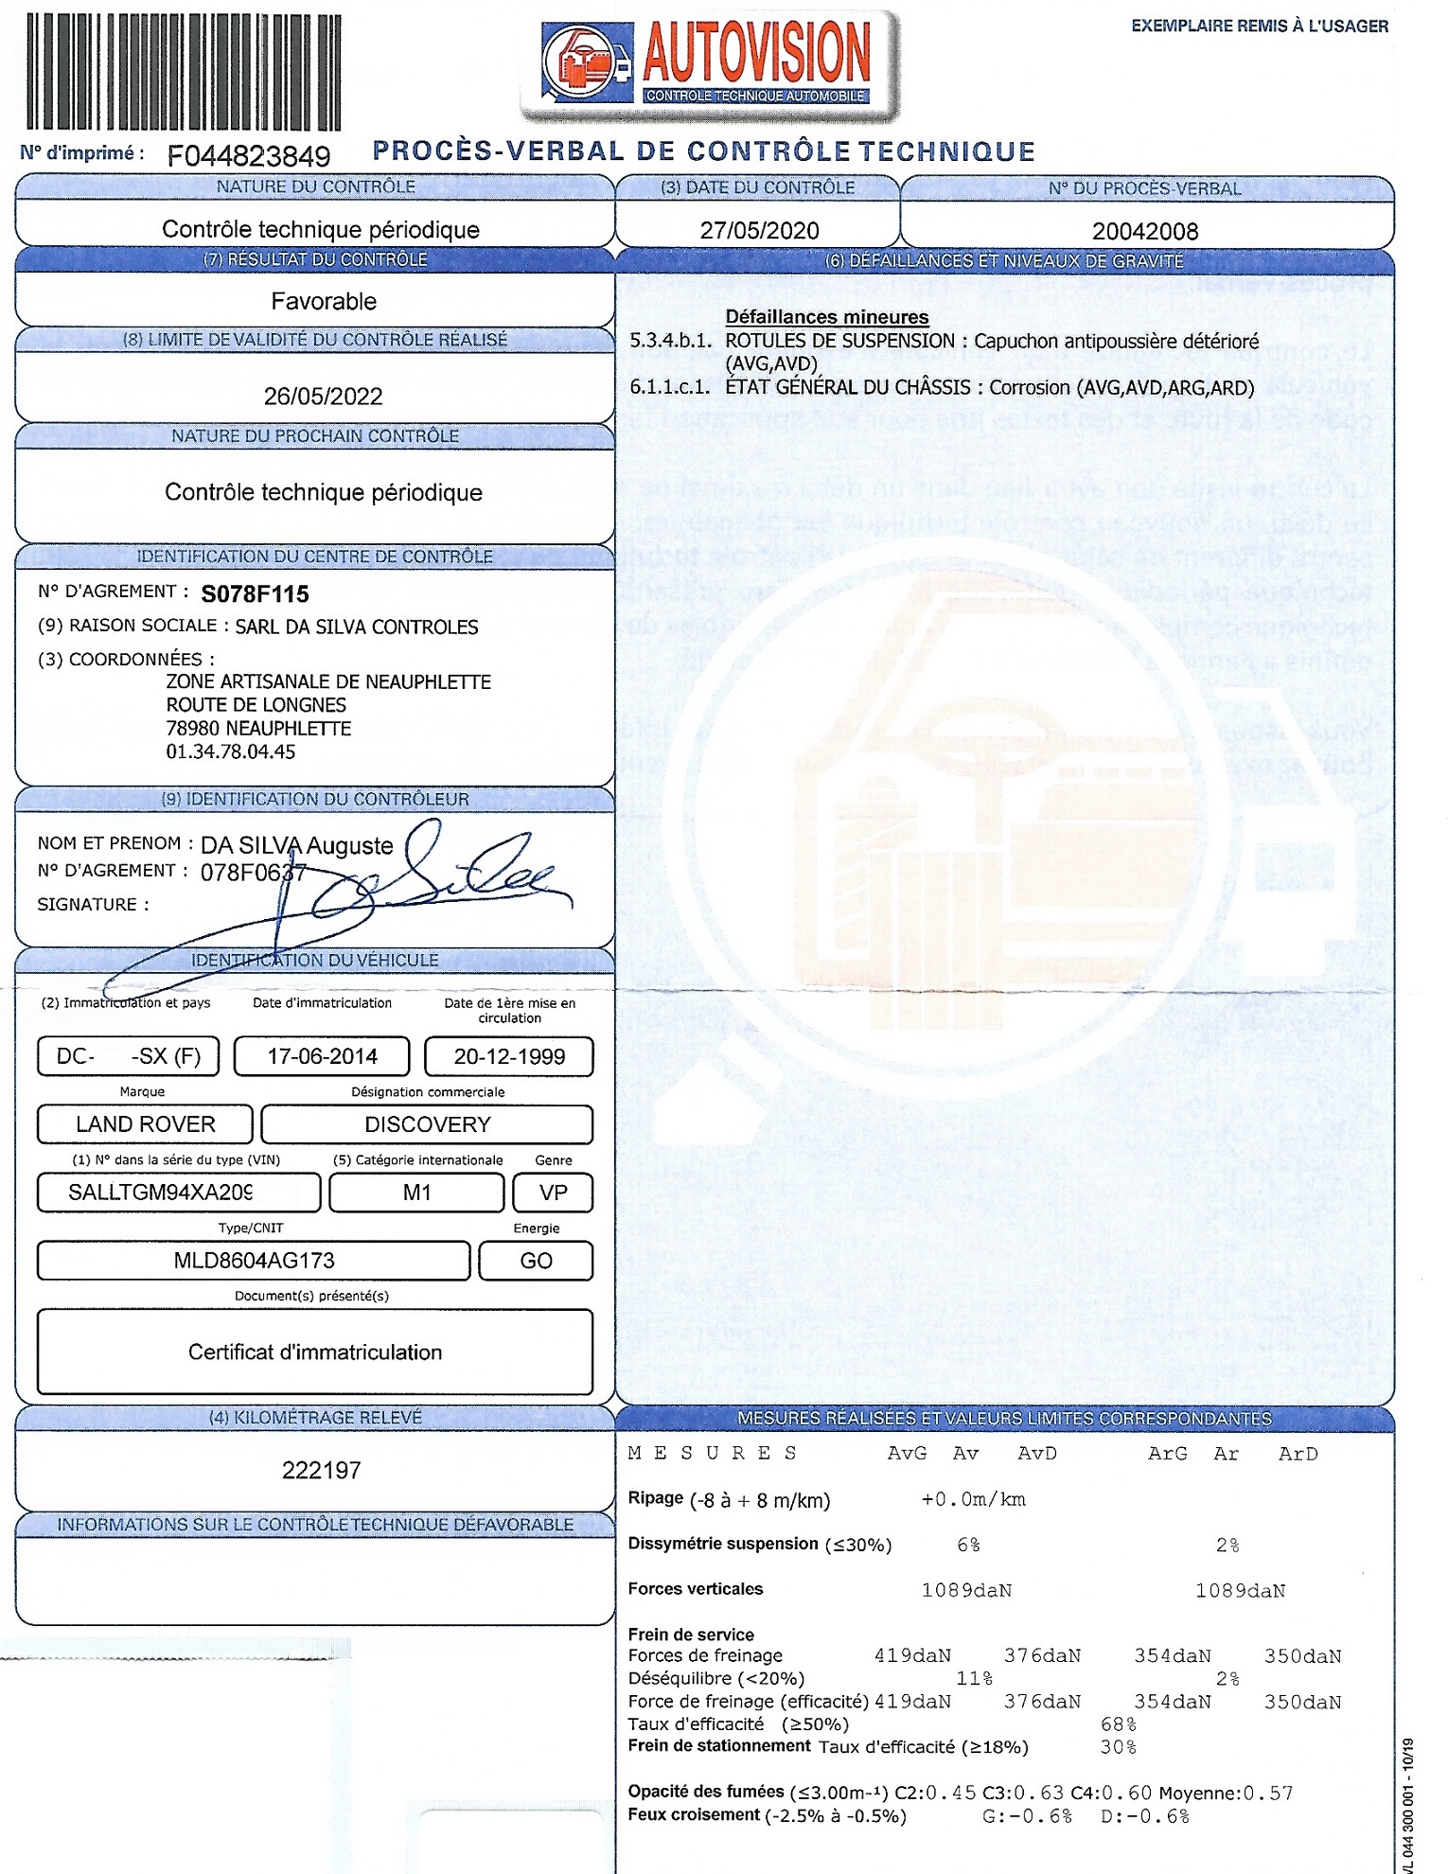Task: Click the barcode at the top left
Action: tap(183, 71)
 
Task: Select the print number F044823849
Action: tap(249, 155)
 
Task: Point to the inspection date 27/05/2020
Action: tap(759, 230)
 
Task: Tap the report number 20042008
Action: tap(1145, 231)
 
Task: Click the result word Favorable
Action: tap(324, 301)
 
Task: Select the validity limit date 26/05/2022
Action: tap(323, 396)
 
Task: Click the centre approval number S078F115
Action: tap(255, 594)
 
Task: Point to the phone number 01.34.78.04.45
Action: tap(231, 751)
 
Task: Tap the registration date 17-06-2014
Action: tap(322, 1056)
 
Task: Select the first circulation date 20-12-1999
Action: tap(509, 1056)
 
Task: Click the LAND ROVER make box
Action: tap(145, 1124)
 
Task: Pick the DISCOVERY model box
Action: tap(427, 1124)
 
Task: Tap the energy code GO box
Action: tap(536, 1261)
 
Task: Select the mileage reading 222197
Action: tap(321, 1470)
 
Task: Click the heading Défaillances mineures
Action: tap(826, 317)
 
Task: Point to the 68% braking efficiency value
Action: tap(1118, 1724)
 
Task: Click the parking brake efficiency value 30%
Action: tap(1118, 1746)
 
